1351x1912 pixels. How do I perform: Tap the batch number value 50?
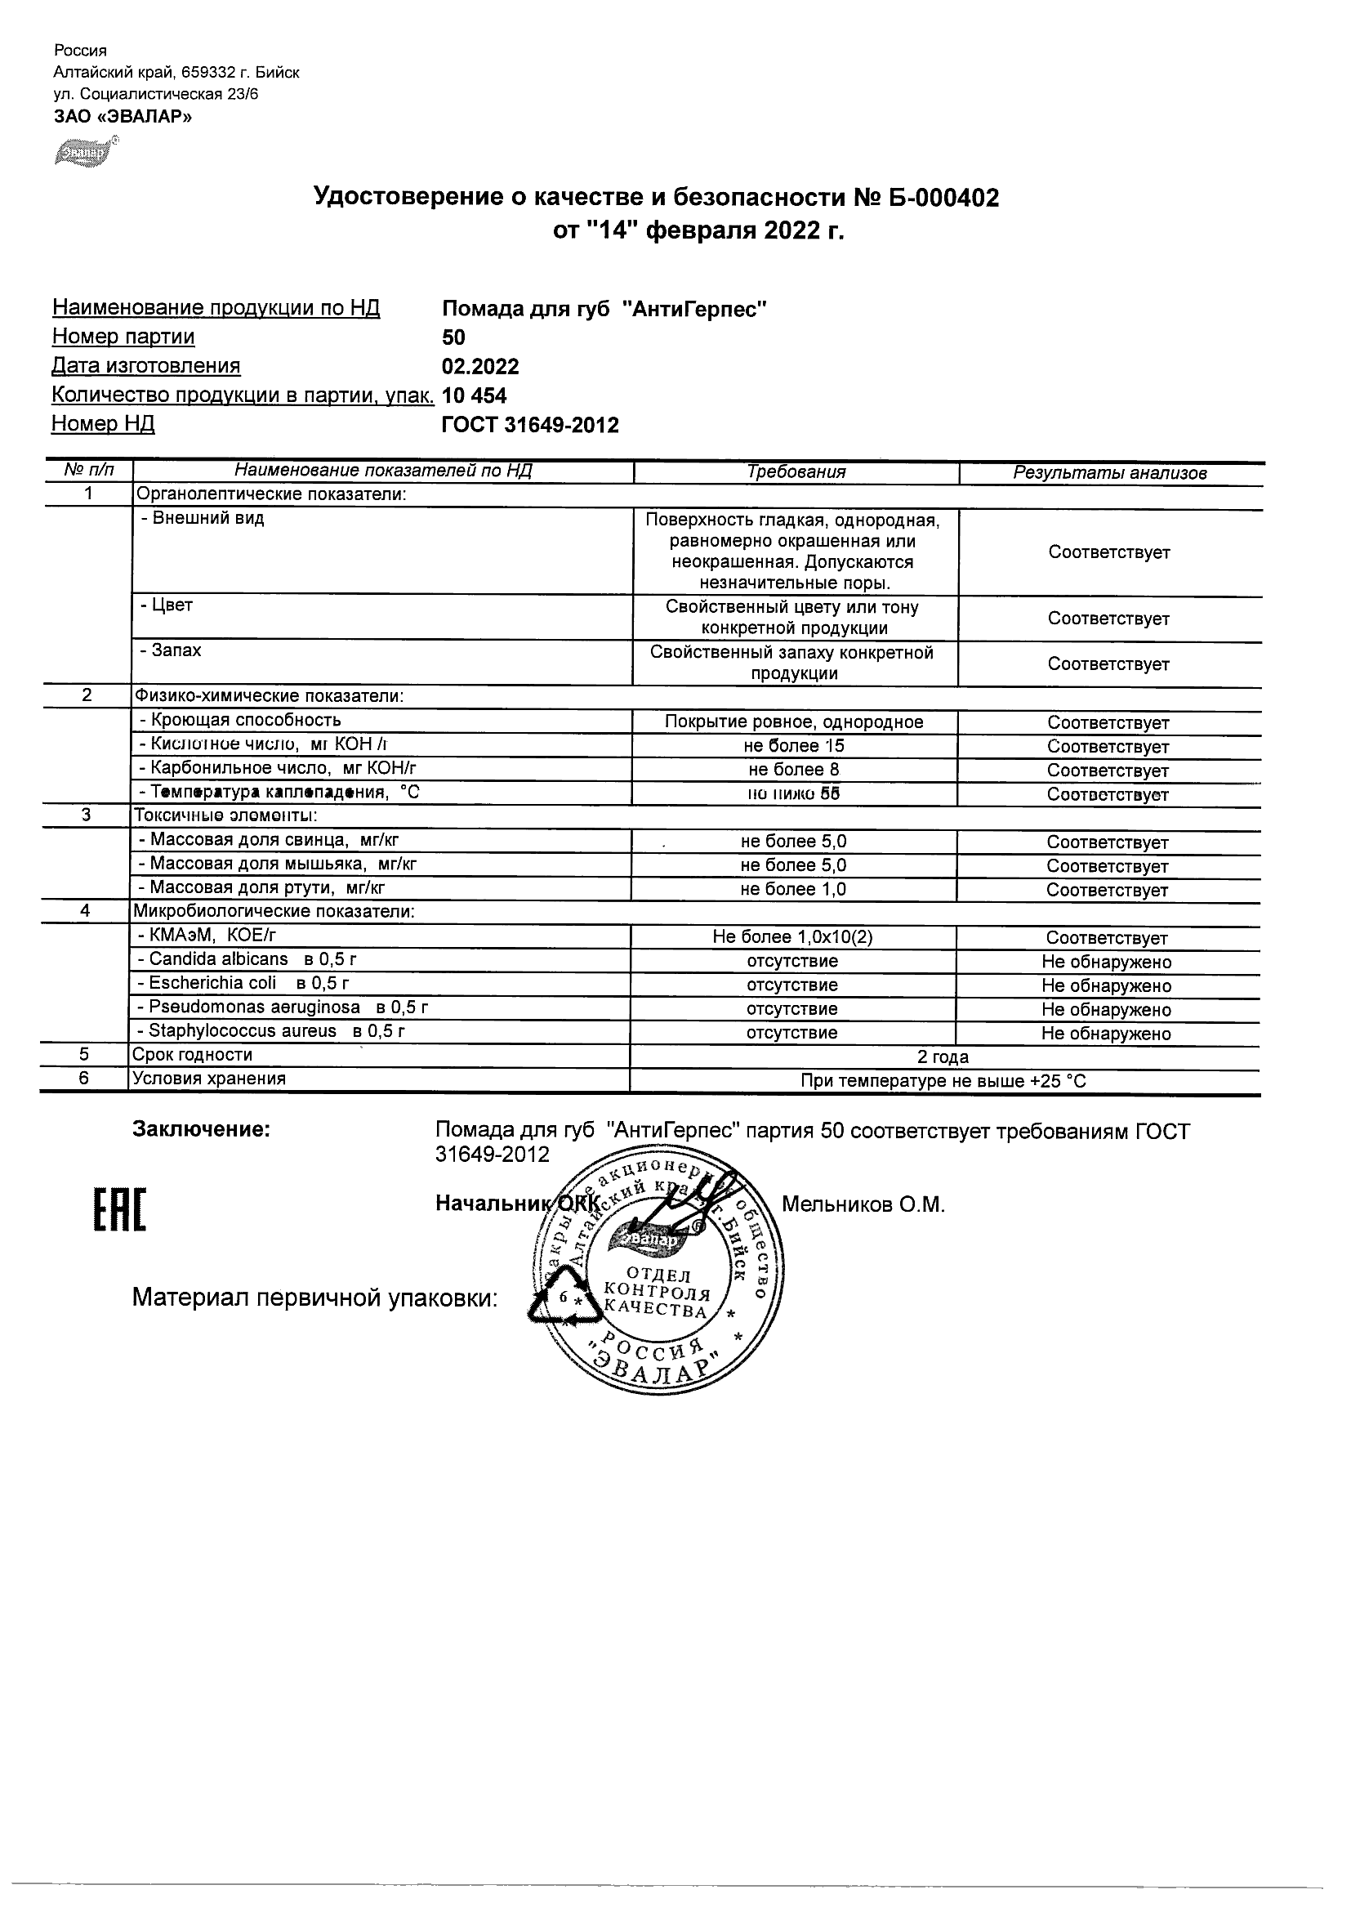click(x=453, y=337)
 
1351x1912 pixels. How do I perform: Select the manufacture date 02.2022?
click(x=480, y=366)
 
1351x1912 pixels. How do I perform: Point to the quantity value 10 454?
click(x=475, y=395)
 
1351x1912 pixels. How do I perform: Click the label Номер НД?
click(x=103, y=424)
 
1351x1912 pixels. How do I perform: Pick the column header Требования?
click(x=796, y=472)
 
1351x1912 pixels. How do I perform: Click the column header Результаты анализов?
click(x=1109, y=473)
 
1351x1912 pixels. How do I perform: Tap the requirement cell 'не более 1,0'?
click(x=792, y=889)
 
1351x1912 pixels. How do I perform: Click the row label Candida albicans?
click(x=218, y=959)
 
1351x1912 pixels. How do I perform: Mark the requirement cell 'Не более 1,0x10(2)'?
click(x=792, y=937)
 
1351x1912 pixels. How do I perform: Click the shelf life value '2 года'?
click(x=943, y=1057)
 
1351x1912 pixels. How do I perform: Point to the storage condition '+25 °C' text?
click(x=1057, y=1082)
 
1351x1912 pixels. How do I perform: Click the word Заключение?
click(x=202, y=1130)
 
